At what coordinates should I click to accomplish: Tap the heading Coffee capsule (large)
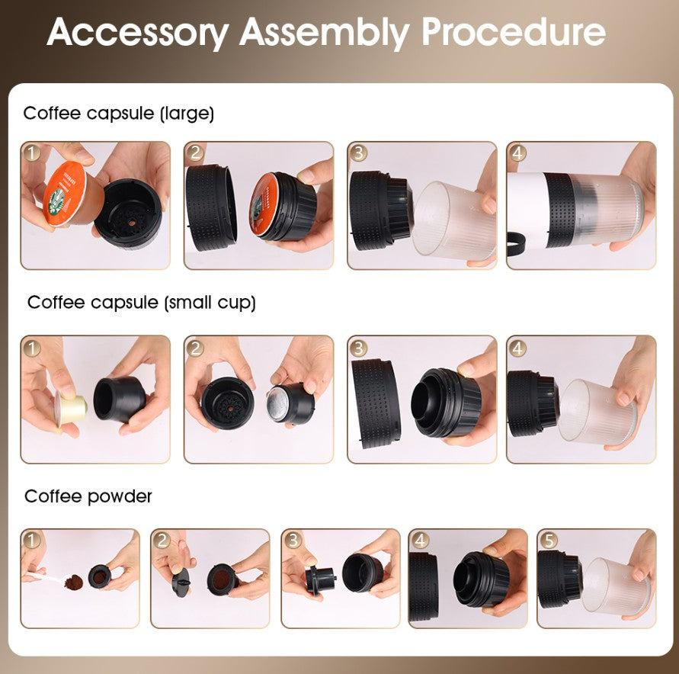point(118,114)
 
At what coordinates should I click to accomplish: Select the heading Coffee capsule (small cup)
point(141,303)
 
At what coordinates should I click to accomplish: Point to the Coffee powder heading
point(88,496)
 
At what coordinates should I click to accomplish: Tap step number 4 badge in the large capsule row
point(517,152)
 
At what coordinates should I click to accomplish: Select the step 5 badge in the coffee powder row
point(548,540)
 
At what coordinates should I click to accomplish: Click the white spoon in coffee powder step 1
point(46,580)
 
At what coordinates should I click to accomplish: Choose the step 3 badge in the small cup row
point(358,348)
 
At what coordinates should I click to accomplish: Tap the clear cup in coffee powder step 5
point(617,588)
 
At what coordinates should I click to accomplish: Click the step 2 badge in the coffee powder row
point(162,540)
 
